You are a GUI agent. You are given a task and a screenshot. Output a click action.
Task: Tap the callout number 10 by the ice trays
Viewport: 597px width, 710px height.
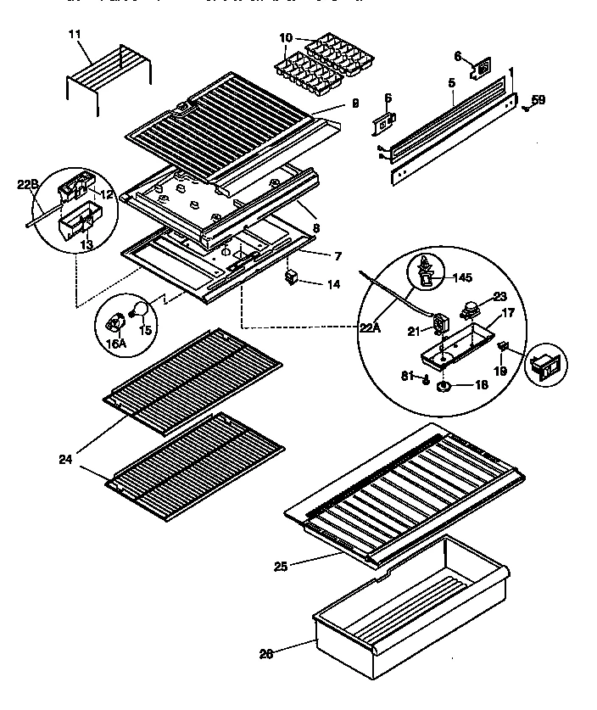284,38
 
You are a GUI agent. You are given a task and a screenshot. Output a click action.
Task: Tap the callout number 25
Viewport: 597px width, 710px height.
282,565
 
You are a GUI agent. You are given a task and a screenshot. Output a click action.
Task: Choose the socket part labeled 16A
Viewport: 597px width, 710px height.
114,321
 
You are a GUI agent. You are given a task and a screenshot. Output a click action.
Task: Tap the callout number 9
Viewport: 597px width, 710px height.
354,103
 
